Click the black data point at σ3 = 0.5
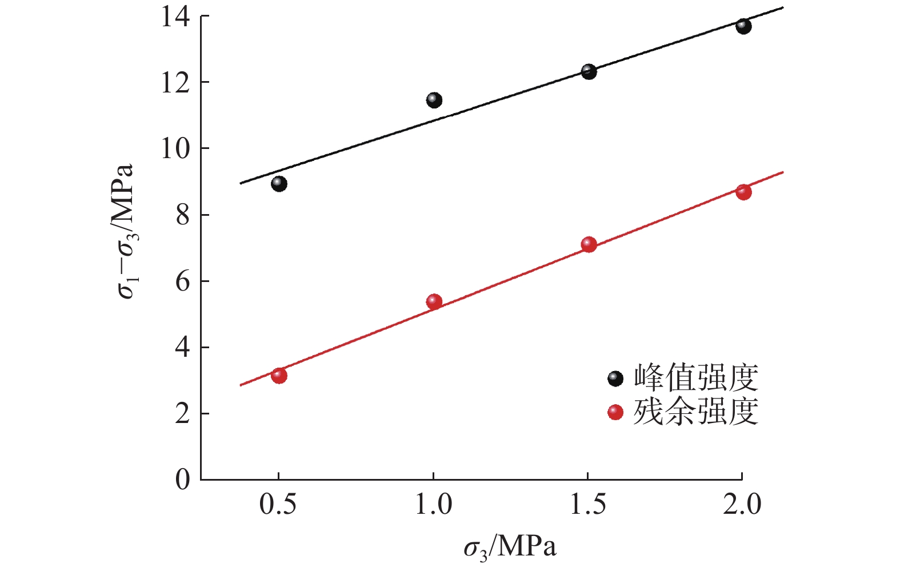click(279, 184)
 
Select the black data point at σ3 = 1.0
click(434, 100)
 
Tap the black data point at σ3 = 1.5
click(589, 71)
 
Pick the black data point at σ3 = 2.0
click(743, 26)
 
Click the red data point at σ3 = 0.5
click(279, 376)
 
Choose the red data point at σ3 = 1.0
click(434, 301)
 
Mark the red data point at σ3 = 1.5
click(589, 244)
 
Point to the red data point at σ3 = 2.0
click(743, 192)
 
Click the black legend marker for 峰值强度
click(615, 378)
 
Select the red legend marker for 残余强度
click(615, 412)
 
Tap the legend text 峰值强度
click(696, 378)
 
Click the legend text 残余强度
click(696, 412)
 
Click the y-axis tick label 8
click(182, 215)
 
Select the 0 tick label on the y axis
click(182, 480)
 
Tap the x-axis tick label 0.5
click(278, 505)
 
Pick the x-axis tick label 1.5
click(588, 505)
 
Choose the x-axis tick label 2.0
click(742, 505)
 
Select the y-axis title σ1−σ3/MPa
click(125, 231)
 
